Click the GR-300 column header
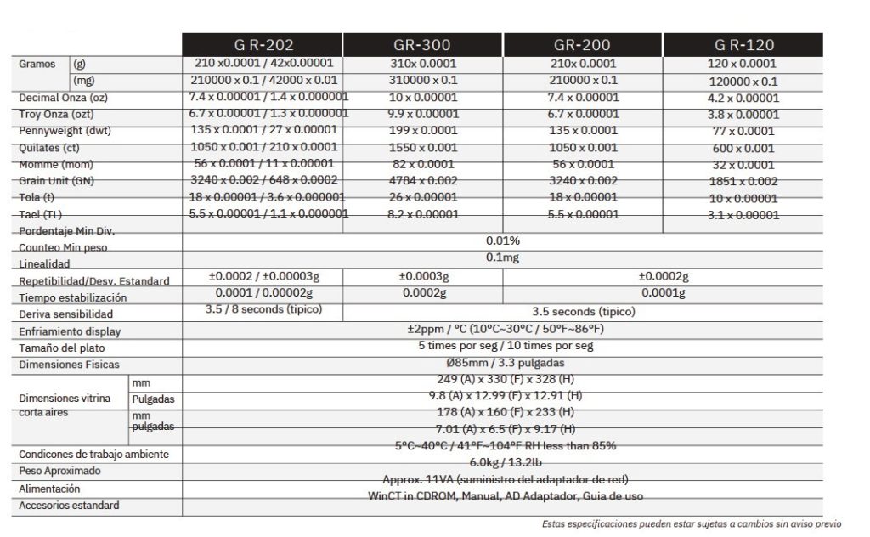pos(422,45)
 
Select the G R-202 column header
pos(263,45)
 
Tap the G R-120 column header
pos(743,45)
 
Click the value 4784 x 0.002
pos(423,180)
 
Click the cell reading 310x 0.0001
pos(423,64)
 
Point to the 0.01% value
pos(503,240)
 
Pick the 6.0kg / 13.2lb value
pos(502,461)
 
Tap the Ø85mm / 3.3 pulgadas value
pos(502,363)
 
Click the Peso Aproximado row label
pos(59,471)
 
